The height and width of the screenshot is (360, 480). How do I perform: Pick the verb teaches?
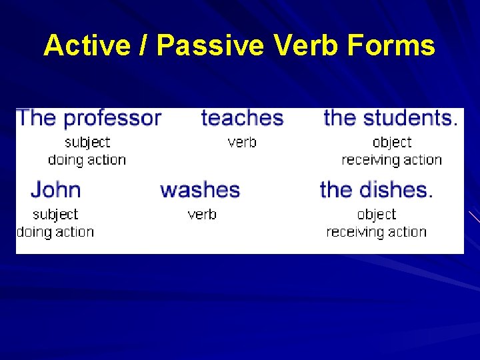[242, 118]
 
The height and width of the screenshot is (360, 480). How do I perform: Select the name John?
[55, 190]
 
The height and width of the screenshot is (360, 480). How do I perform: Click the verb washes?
[200, 190]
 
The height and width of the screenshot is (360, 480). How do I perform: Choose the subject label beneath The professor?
[87, 143]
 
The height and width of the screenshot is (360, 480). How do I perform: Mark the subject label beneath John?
[55, 215]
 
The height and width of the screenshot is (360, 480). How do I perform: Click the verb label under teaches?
[242, 143]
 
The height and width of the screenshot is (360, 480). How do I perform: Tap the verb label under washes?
[202, 215]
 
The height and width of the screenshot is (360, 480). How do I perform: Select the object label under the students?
[392, 143]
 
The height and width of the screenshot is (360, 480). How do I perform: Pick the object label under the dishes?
[377, 215]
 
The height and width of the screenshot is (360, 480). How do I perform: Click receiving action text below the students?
[392, 160]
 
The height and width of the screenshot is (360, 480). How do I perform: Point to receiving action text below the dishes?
[377, 232]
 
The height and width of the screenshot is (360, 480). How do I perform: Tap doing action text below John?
[55, 232]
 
